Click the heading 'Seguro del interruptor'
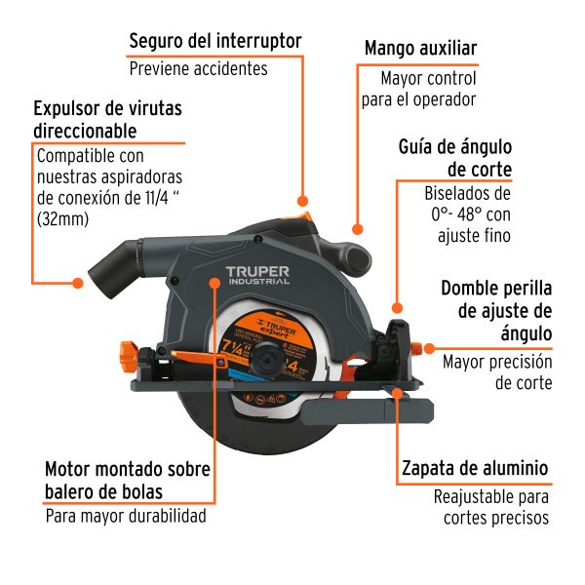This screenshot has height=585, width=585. tap(214, 41)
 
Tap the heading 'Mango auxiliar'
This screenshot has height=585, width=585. tap(420, 48)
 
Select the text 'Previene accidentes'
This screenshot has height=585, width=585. tap(198, 69)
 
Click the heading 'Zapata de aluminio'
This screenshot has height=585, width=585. tap(475, 467)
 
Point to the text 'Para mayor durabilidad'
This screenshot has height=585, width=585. tap(126, 516)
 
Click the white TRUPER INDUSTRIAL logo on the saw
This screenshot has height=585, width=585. tap(257, 275)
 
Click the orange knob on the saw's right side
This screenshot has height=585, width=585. tap(427, 346)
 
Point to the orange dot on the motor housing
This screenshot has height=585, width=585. tap(215, 284)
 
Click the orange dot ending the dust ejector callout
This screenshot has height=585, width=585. tap(78, 284)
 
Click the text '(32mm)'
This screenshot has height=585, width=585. tap(61, 219)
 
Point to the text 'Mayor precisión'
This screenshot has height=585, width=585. tap(497, 362)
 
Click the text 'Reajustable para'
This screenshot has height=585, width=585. tap(492, 496)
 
